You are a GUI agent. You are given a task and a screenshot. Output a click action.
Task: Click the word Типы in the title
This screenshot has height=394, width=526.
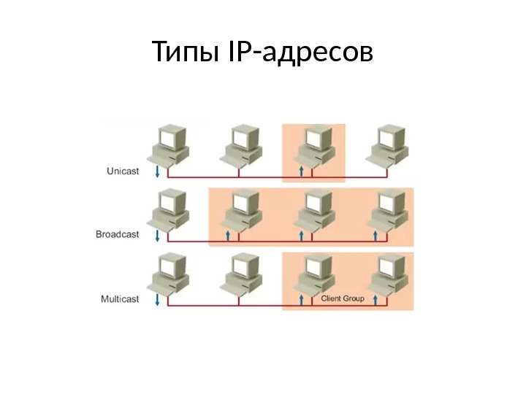point(182,53)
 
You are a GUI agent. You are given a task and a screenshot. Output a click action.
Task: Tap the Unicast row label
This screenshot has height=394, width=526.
point(118,171)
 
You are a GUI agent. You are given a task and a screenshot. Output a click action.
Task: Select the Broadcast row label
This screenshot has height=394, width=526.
point(117,235)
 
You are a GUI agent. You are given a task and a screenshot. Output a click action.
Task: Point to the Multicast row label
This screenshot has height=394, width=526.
point(118,299)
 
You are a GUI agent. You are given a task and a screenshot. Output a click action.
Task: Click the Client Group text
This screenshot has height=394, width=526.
point(343,299)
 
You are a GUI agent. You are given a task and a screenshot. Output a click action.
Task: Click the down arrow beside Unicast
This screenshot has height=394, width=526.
point(157,172)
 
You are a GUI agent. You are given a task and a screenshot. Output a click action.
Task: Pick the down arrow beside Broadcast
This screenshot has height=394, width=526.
point(157,236)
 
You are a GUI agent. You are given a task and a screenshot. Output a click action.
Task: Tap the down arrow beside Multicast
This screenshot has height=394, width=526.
point(157,300)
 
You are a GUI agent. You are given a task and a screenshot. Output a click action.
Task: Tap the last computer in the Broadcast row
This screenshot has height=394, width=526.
point(388,209)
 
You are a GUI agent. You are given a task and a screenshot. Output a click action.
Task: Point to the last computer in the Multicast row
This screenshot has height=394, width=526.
point(388,274)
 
